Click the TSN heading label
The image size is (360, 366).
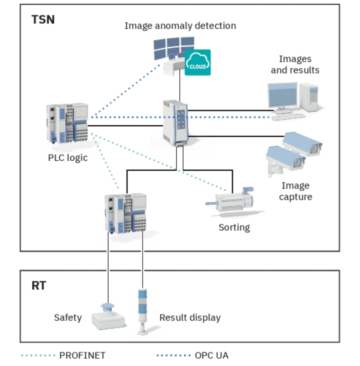(43, 20)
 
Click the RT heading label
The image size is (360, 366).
(39, 286)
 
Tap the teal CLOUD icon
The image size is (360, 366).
(197, 62)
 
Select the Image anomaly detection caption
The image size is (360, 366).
(180, 26)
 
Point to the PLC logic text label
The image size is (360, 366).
(68, 158)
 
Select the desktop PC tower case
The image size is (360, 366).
(309, 97)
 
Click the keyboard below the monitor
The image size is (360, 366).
(288, 117)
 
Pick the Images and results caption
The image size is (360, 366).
(295, 65)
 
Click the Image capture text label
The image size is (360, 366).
(295, 191)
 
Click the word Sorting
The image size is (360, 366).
(234, 227)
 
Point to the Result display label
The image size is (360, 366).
(190, 318)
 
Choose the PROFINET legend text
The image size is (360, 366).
(82, 356)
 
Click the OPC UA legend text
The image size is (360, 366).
(211, 356)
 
